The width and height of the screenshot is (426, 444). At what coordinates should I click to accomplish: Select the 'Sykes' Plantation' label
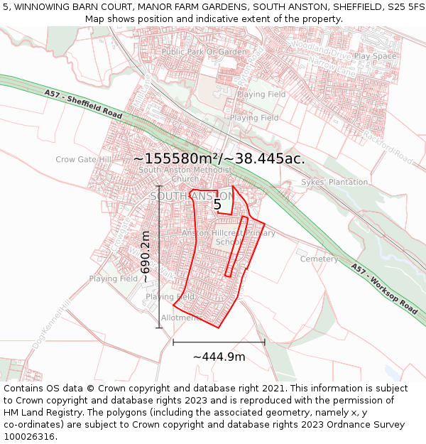click(334, 182)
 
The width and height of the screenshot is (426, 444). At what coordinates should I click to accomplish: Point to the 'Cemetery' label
click(319, 259)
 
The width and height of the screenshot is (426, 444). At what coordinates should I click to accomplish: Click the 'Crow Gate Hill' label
click(84, 160)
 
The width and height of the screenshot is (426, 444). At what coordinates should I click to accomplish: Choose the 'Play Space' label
click(375, 56)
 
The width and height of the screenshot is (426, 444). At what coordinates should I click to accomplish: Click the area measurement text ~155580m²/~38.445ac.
click(219, 158)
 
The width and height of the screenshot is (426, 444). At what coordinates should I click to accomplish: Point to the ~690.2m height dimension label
click(146, 256)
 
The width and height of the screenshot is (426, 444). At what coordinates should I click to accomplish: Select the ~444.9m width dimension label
click(219, 357)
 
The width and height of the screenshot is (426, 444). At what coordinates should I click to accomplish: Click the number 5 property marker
click(217, 205)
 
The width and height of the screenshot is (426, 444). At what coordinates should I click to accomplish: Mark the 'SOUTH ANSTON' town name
click(192, 196)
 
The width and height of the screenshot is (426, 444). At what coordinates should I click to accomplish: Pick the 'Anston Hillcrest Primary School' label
click(228, 237)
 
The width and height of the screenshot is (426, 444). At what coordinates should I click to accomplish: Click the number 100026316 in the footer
click(31, 436)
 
